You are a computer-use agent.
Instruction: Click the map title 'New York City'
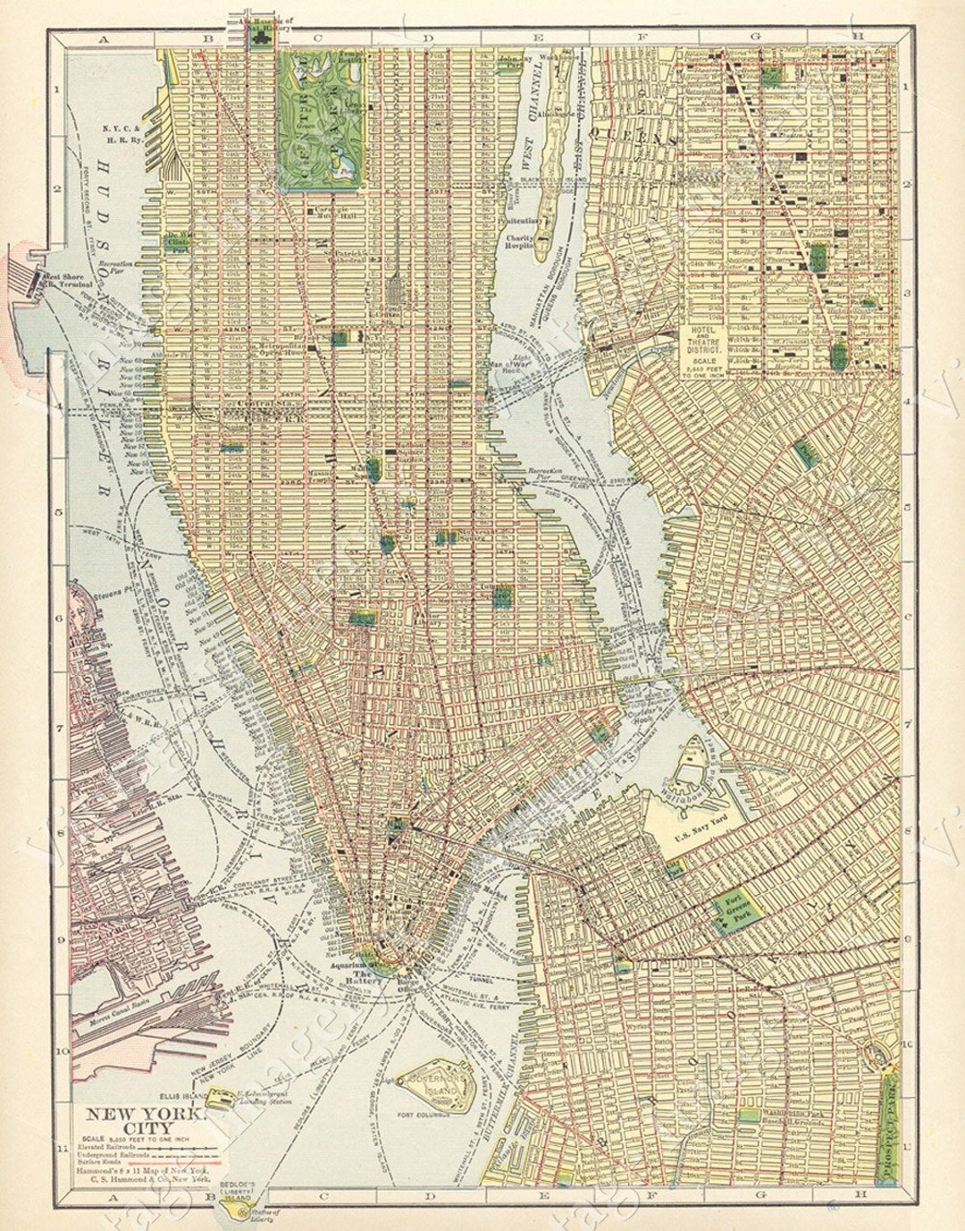(x=143, y=1122)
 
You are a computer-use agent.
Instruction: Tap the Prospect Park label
(x=888, y=1130)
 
